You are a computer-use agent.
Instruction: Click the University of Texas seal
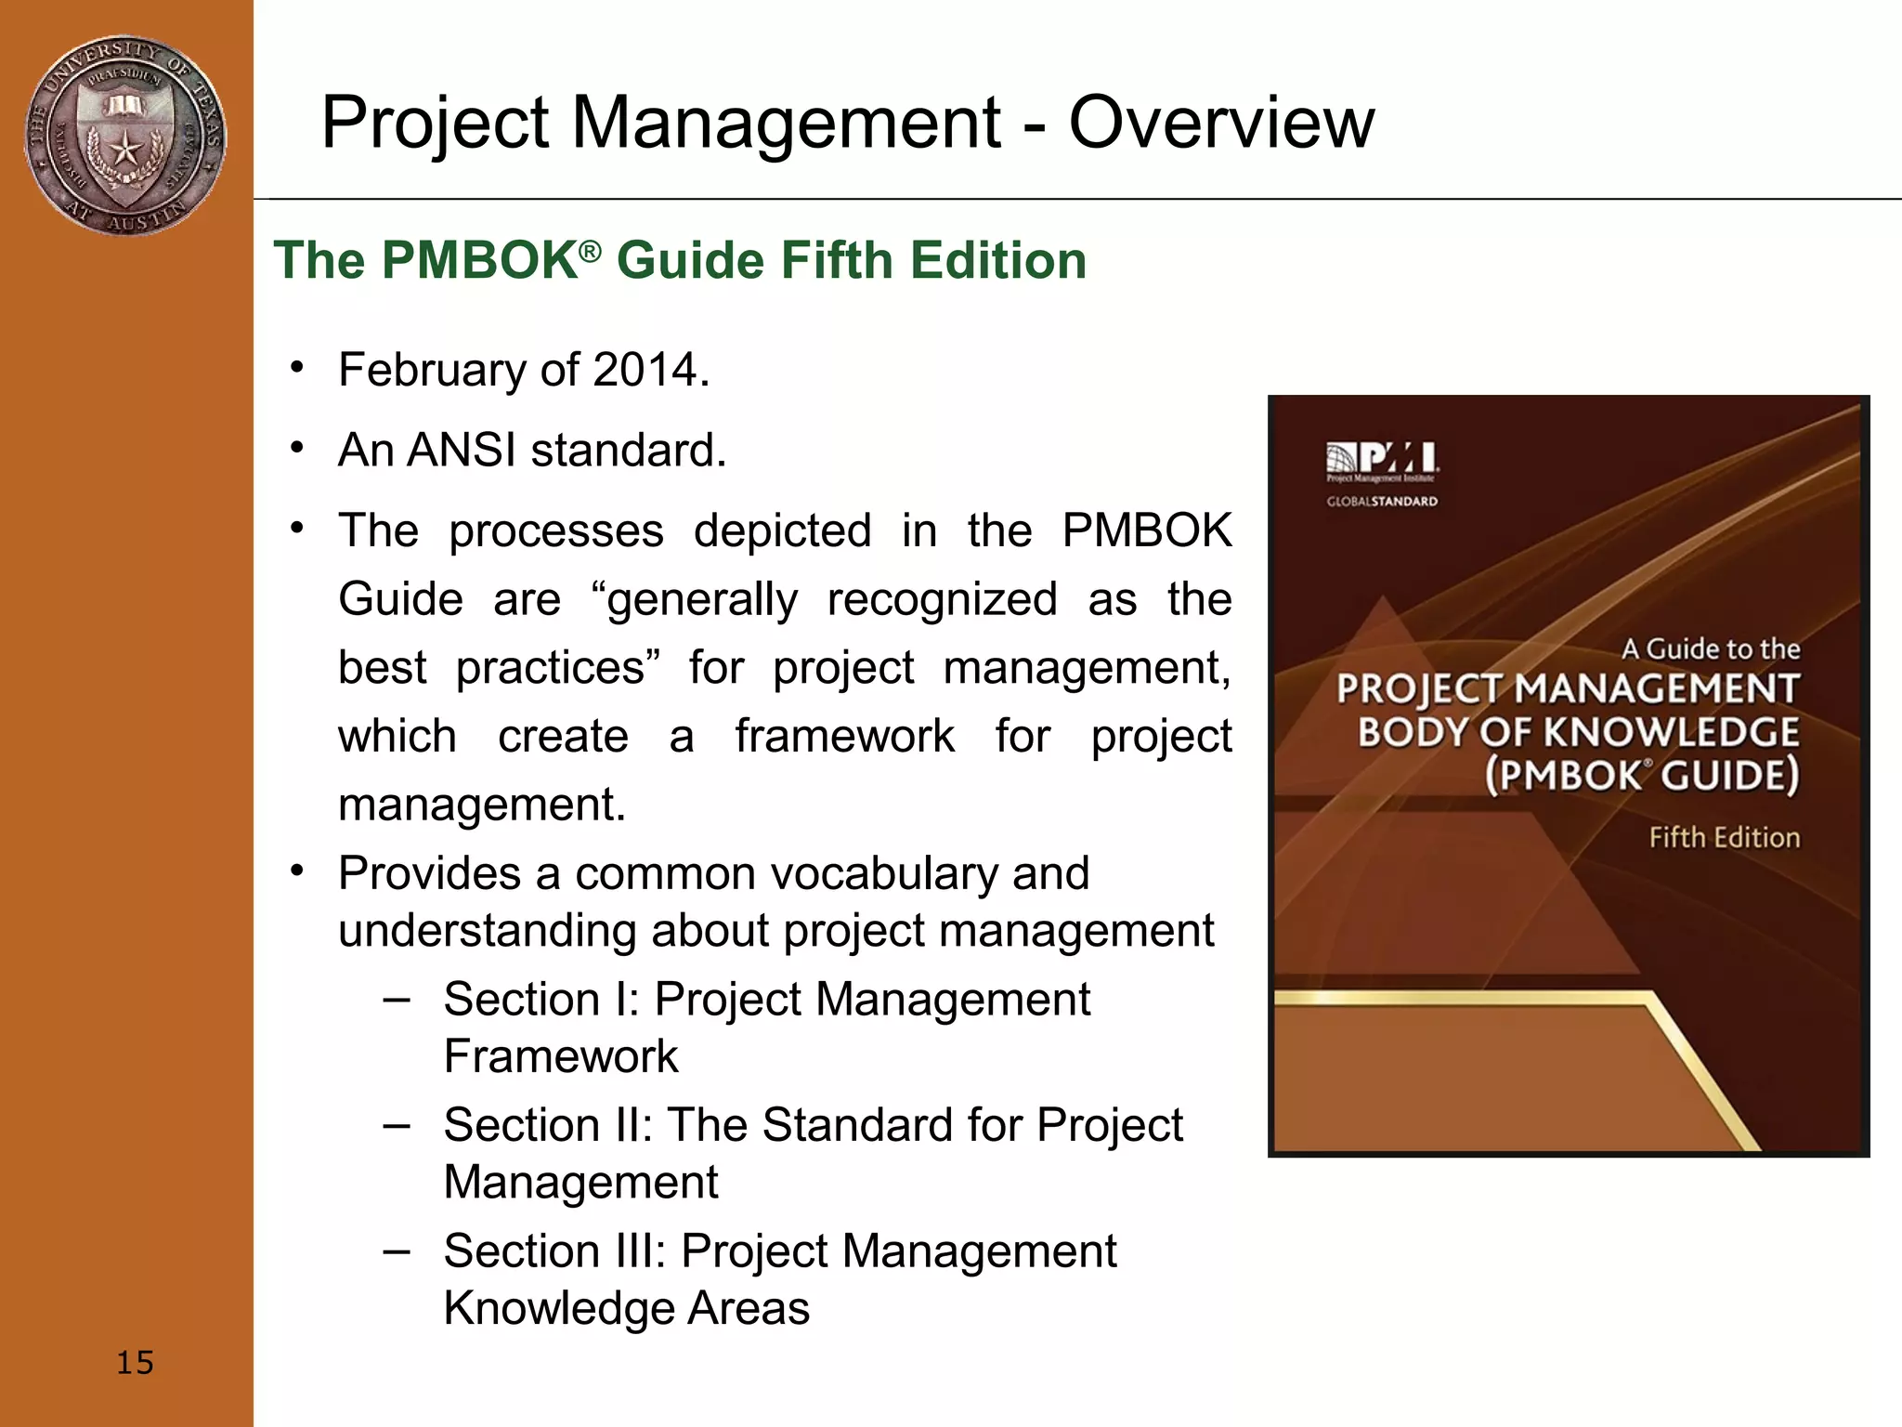(x=124, y=136)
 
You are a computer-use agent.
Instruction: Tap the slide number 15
(x=135, y=1363)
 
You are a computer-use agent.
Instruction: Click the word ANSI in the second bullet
(x=462, y=451)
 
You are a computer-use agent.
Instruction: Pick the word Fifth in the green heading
(x=840, y=260)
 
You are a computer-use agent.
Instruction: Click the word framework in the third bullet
(x=844, y=737)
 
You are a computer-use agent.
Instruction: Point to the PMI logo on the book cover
(x=1382, y=458)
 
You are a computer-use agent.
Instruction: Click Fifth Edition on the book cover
(x=1724, y=838)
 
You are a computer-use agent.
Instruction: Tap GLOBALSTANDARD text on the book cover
(x=1382, y=502)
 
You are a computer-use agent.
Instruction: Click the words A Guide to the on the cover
(x=1710, y=648)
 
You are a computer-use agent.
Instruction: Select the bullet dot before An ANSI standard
(x=296, y=449)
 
